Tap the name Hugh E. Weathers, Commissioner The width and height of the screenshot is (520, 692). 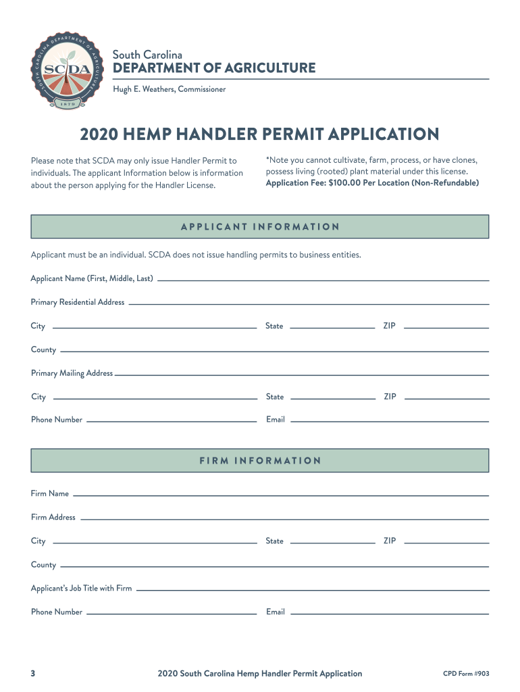click(169, 89)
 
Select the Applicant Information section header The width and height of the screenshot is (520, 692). click(260, 226)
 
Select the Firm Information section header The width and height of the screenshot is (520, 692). click(260, 461)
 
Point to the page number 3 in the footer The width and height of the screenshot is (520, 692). click(33, 673)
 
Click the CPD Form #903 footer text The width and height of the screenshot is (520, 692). click(465, 673)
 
